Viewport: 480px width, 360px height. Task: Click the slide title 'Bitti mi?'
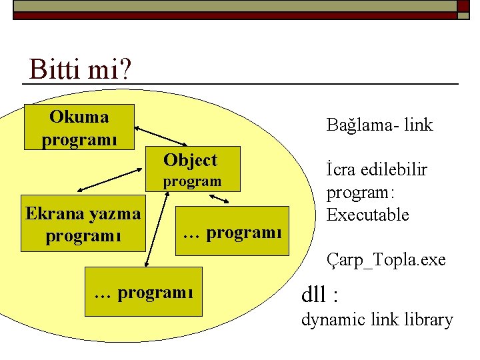click(x=79, y=69)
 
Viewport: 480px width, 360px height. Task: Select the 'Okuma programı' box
click(x=79, y=127)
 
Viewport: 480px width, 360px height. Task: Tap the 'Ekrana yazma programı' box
click(x=83, y=225)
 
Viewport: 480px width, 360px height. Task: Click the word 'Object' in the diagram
click(x=190, y=160)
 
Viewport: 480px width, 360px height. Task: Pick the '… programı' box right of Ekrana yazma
click(x=232, y=233)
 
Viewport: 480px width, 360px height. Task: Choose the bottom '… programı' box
click(x=143, y=292)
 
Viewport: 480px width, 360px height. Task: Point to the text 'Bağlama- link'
click(x=379, y=125)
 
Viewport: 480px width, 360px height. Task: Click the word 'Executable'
click(x=367, y=215)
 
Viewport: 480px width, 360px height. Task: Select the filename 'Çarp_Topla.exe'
click(x=386, y=259)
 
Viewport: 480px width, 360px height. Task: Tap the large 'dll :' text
click(x=324, y=293)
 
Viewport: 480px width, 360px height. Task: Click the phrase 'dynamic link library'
click(x=377, y=320)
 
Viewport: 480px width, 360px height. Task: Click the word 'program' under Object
click(x=192, y=181)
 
